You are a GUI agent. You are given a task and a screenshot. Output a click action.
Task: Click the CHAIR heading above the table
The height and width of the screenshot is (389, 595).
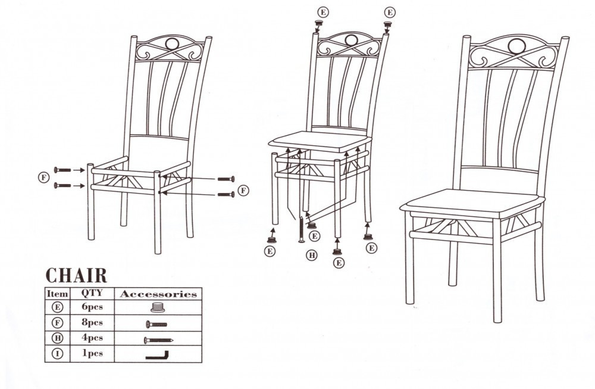pyautogui.click(x=76, y=275)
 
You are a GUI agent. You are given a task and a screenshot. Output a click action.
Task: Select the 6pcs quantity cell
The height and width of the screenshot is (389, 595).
pyautogui.click(x=92, y=307)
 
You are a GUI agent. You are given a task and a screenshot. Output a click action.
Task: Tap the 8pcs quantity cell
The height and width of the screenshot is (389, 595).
pyautogui.click(x=92, y=322)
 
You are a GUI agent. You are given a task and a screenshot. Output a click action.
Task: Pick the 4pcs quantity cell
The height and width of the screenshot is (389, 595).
pyautogui.click(x=92, y=338)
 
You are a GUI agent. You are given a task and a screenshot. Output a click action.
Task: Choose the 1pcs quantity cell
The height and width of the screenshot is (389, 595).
pyautogui.click(x=93, y=353)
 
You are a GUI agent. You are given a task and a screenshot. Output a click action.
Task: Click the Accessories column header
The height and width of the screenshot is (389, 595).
pyautogui.click(x=158, y=294)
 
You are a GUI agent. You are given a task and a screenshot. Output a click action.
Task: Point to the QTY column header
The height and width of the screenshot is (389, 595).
pyautogui.click(x=92, y=293)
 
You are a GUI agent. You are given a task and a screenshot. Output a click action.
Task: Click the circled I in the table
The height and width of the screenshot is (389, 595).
pyautogui.click(x=57, y=354)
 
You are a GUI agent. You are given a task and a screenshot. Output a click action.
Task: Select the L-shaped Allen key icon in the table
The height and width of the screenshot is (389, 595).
pyautogui.click(x=158, y=357)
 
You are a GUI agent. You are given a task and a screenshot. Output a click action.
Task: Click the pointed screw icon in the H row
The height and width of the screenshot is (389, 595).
pyautogui.click(x=158, y=340)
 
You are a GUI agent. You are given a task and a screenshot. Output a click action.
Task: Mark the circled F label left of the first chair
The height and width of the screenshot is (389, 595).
pyautogui.click(x=44, y=177)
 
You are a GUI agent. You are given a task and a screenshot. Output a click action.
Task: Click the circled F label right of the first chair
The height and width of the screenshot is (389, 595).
pyautogui.click(x=243, y=190)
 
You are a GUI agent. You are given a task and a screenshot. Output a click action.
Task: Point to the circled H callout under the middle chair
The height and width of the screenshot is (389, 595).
pyautogui.click(x=312, y=256)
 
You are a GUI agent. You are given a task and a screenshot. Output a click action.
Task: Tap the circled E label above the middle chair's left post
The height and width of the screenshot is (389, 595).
pyautogui.click(x=323, y=12)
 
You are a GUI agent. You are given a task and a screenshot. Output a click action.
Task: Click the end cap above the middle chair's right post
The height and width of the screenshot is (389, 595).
pyautogui.click(x=387, y=26)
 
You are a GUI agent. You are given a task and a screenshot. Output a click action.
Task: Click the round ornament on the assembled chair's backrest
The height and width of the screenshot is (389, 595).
pyautogui.click(x=516, y=46)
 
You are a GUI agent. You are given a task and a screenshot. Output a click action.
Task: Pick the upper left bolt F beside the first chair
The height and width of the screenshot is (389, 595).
pyautogui.click(x=62, y=170)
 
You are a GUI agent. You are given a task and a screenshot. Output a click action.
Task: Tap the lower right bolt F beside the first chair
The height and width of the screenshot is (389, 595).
pyautogui.click(x=226, y=194)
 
